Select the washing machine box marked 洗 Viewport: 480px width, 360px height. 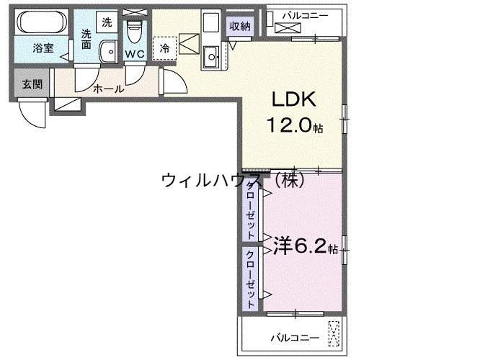coord(106,22)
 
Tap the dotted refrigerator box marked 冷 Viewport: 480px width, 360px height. coord(165,48)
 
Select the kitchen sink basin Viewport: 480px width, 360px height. coord(213,55)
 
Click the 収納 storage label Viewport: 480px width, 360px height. coord(241,26)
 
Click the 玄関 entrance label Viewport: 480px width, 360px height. coord(30,84)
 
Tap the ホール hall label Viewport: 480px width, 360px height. coord(108,89)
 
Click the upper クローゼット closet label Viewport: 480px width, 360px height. coord(250,211)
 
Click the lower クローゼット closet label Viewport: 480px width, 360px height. coord(250,279)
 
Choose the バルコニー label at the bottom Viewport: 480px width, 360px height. coord(294,337)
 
